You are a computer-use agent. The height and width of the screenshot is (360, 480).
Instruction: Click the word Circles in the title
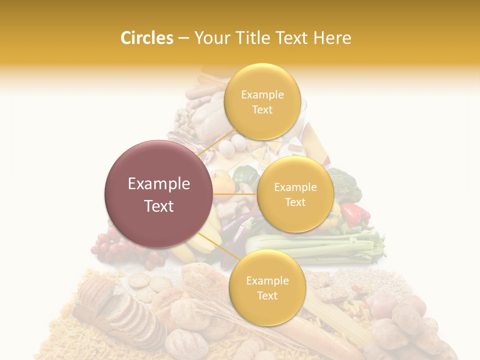click(x=146, y=38)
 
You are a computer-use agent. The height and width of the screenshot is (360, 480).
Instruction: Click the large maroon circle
click(x=159, y=194)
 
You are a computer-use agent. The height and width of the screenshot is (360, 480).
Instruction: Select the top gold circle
click(x=262, y=102)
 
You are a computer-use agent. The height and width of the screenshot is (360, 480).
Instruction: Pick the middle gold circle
click(x=295, y=194)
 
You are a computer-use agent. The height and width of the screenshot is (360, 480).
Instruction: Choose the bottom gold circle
click(x=267, y=288)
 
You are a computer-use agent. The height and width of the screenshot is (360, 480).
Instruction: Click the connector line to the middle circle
click(x=235, y=193)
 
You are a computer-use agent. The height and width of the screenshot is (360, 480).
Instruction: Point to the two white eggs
click(x=233, y=145)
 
